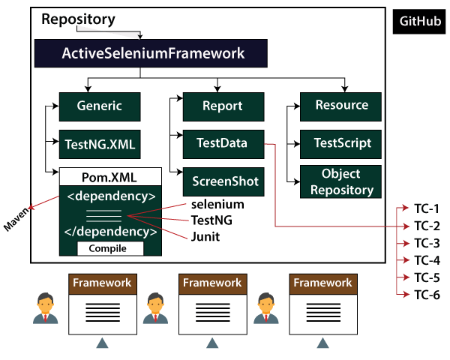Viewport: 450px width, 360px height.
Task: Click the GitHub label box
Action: [x=419, y=22]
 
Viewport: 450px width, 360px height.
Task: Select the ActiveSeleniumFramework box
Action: [x=139, y=54]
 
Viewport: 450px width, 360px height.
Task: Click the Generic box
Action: [x=99, y=106]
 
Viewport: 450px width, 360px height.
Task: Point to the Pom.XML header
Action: [x=110, y=177]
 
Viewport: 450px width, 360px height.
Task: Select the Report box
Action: [x=222, y=106]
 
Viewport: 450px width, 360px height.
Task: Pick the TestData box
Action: [x=222, y=142]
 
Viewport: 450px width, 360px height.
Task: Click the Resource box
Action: [x=340, y=106]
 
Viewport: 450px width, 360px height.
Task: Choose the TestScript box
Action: [x=341, y=142]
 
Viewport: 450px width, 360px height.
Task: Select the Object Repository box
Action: [x=341, y=181]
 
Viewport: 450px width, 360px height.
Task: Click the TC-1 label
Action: [x=427, y=208]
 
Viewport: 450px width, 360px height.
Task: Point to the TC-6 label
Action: [x=427, y=295]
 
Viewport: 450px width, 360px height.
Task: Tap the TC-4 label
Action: [x=427, y=260]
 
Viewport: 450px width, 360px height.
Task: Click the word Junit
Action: [x=205, y=238]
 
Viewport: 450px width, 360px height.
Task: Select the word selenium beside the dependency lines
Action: [x=217, y=204]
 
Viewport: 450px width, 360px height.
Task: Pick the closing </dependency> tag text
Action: [x=111, y=231]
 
